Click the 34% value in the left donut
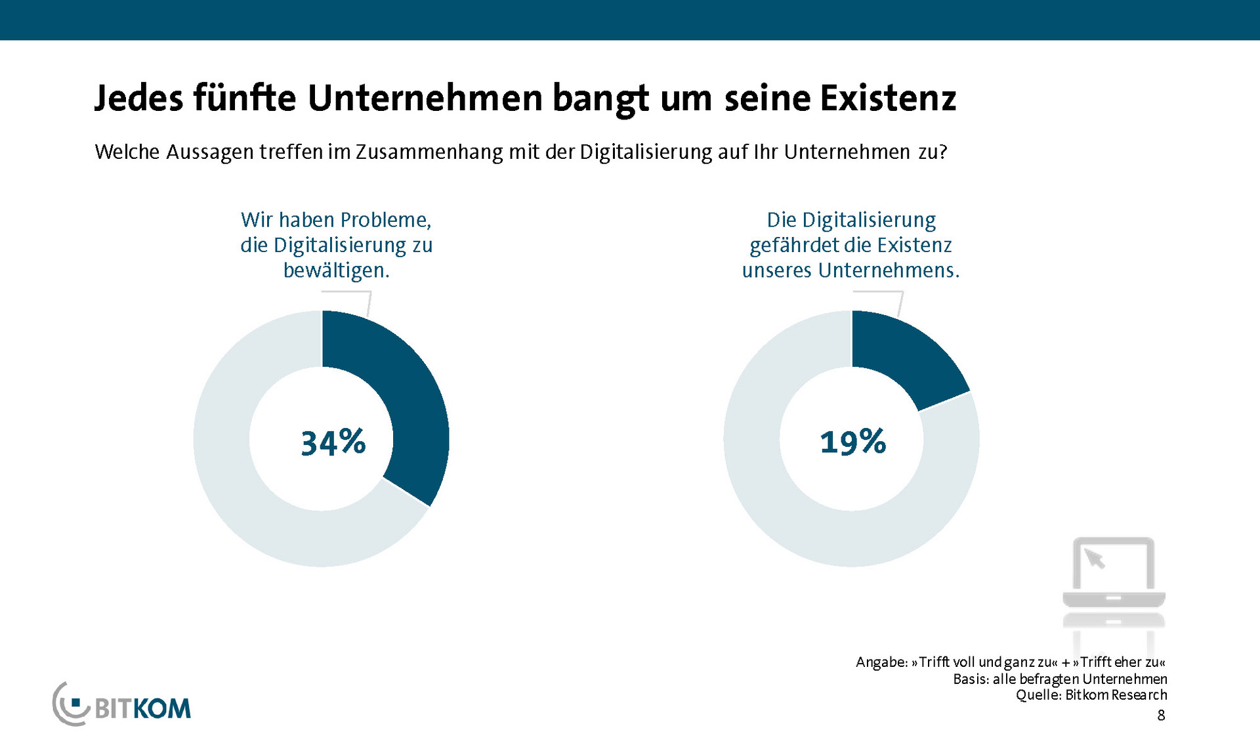(333, 442)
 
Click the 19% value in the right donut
(852, 442)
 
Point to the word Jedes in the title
(138, 98)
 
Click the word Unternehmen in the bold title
(425, 98)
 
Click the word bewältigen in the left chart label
(335, 270)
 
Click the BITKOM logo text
(142, 709)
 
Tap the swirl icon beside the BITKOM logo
(69, 704)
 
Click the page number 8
(1161, 715)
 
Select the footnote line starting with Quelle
(1091, 695)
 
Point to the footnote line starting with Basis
(1060, 679)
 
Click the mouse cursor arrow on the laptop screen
(1094, 559)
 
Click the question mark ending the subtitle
(942, 152)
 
